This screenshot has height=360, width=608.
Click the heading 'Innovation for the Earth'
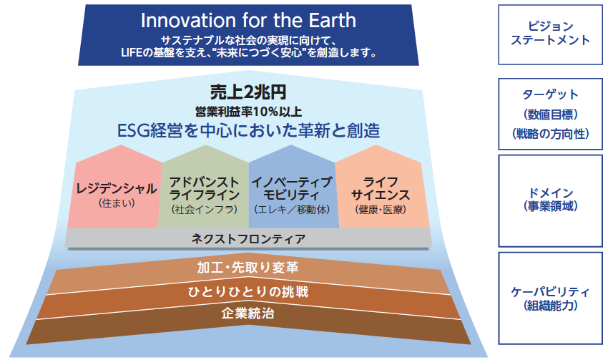point(248,21)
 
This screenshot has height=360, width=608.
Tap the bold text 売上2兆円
point(248,92)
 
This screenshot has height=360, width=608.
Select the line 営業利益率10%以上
point(248,112)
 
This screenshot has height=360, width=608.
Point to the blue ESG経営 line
point(248,130)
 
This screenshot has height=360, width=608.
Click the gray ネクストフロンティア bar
point(248,238)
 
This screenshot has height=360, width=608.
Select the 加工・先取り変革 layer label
point(247,267)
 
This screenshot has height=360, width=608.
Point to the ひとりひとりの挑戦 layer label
point(248,292)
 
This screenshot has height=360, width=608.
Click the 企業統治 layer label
point(247,313)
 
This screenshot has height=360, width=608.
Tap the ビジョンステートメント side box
point(550,34)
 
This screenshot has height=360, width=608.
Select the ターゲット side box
point(550,114)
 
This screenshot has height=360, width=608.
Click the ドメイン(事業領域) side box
point(550,201)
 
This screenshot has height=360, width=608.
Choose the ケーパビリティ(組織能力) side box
point(550,298)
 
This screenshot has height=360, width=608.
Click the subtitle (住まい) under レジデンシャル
point(117,203)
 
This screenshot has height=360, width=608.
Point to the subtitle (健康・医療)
point(381,210)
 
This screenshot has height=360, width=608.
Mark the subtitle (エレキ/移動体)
point(292,210)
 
